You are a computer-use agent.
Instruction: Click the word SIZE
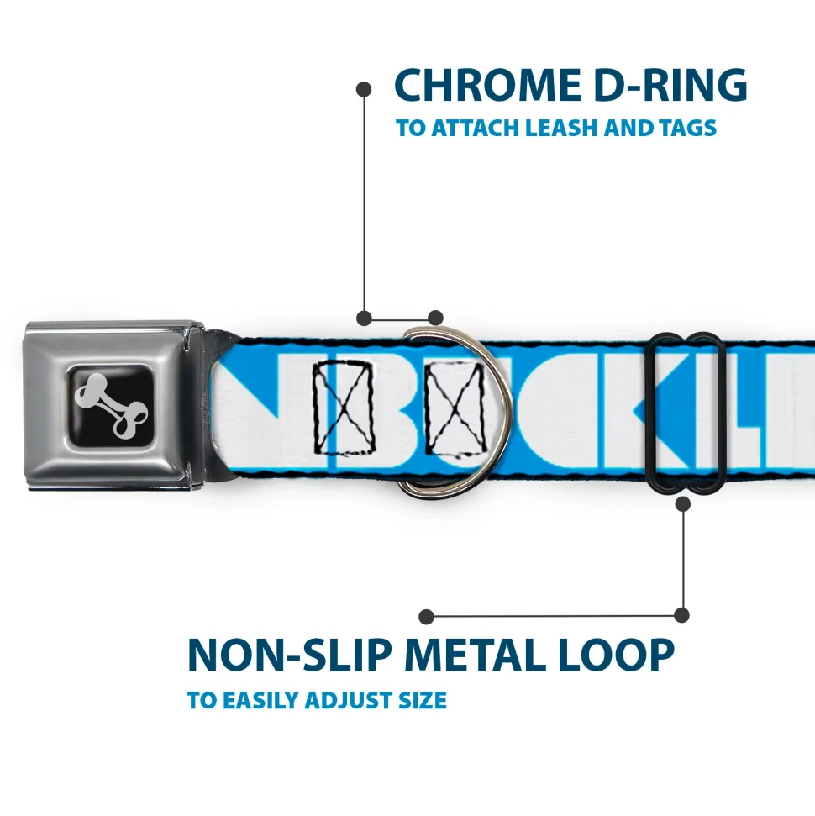(x=423, y=700)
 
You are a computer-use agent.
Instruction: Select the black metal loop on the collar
(x=687, y=412)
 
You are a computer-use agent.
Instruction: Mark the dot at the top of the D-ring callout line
(x=364, y=87)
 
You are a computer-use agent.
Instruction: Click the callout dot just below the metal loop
(x=682, y=503)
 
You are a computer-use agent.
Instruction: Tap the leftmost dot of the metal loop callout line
(x=427, y=616)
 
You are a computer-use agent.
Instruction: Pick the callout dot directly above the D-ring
(x=435, y=318)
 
